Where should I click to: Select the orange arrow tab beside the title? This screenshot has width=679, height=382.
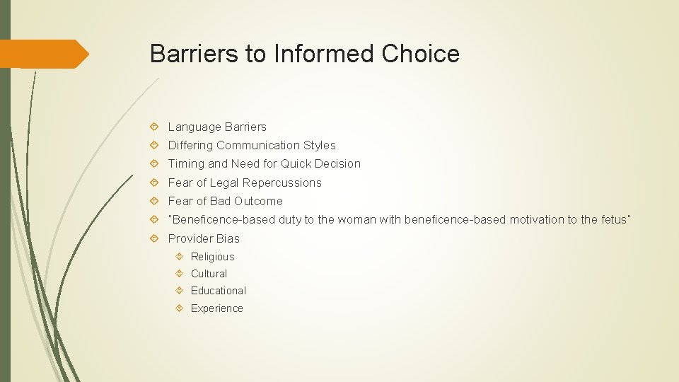tap(44, 54)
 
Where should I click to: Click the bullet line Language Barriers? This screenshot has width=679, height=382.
tap(217, 127)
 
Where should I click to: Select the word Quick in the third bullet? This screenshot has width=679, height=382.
tap(297, 164)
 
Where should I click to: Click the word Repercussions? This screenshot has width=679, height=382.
tap(286, 183)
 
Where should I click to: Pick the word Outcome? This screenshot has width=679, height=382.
tap(258, 202)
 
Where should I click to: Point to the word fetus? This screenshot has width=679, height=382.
tap(613, 220)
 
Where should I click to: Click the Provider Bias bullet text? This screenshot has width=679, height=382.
tap(204, 239)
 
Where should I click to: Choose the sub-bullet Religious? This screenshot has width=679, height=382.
tap(212, 257)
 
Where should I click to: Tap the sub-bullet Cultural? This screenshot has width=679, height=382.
tap(209, 274)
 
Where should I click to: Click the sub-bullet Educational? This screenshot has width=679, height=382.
tap(219, 291)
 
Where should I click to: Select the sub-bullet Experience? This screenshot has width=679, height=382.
tap(216, 308)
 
